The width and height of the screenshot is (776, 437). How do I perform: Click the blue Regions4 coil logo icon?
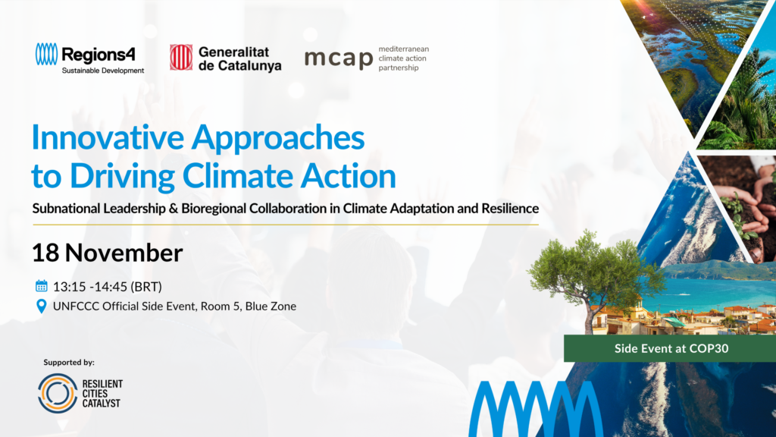pyautogui.click(x=46, y=54)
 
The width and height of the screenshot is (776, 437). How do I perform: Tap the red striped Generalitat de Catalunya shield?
pyautogui.click(x=181, y=58)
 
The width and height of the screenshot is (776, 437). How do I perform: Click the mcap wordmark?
pyautogui.click(x=339, y=59)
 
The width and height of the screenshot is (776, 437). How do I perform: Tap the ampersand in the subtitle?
pyautogui.click(x=174, y=209)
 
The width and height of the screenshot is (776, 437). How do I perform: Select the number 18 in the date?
pyautogui.click(x=45, y=253)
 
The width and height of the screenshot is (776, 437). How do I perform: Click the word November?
pyautogui.click(x=124, y=253)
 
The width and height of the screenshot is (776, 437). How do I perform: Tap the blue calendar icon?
pyautogui.click(x=42, y=286)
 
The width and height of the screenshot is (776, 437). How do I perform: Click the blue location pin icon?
pyautogui.click(x=42, y=307)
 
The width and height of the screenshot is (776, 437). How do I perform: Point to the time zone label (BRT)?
pyautogui.click(x=146, y=287)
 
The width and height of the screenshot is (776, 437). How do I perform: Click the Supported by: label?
pyautogui.click(x=69, y=362)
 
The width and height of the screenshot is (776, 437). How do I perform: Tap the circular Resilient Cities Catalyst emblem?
pyautogui.click(x=58, y=394)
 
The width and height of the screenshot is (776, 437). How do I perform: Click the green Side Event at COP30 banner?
pyautogui.click(x=670, y=348)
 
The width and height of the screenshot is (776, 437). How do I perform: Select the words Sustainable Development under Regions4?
pyautogui.click(x=103, y=71)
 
